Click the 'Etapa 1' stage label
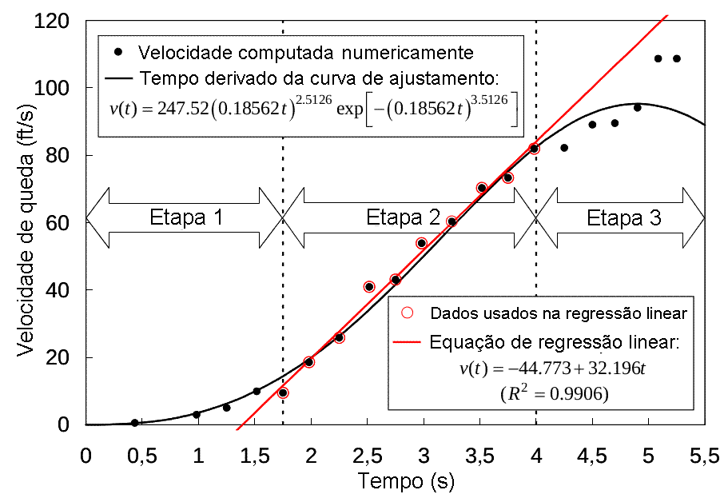(x=185, y=217)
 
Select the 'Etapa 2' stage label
(x=403, y=217)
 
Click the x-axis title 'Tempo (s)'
(x=396, y=483)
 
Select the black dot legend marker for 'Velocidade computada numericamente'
(x=119, y=53)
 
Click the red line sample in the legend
(x=408, y=343)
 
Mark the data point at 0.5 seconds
(x=134, y=423)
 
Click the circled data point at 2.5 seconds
(x=369, y=286)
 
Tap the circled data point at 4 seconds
(x=535, y=149)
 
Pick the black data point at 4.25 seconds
(x=564, y=148)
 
